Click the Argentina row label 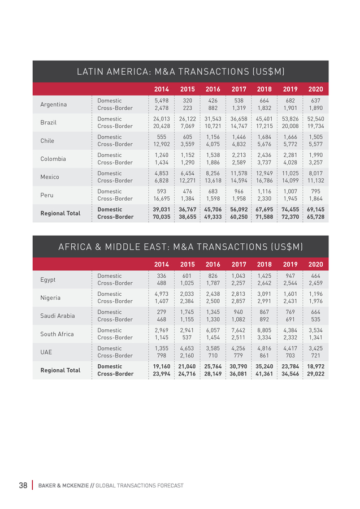click(x=54, y=105)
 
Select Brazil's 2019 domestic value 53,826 click(x=290, y=119)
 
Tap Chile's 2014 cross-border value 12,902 click(x=162, y=144)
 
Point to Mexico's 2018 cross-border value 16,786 click(x=264, y=180)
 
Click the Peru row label click(x=47, y=195)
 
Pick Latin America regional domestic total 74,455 click(x=290, y=209)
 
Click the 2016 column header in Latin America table click(x=212, y=89)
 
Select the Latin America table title click(x=181, y=71)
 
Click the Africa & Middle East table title click(x=181, y=247)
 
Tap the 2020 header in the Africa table click(x=315, y=264)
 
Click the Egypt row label click(x=47, y=280)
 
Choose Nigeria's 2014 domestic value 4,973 click(x=162, y=294)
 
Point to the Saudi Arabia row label click(x=58, y=316)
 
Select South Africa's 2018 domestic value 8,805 click(x=264, y=330)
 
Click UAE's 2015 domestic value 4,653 click(x=187, y=348)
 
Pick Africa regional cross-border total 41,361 click(x=264, y=374)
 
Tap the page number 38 click(x=23, y=485)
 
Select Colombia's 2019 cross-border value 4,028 click(x=290, y=162)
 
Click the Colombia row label click(x=53, y=159)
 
